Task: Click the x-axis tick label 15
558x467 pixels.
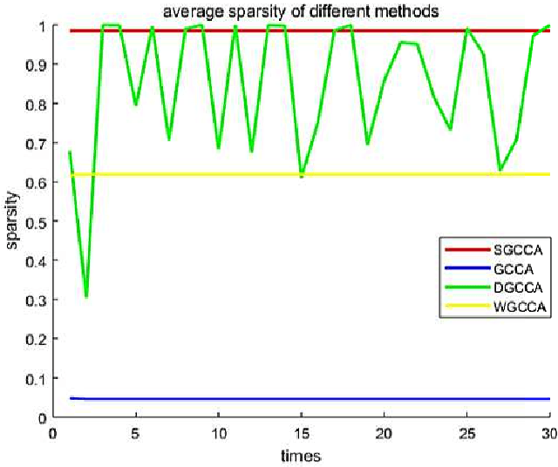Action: [x=301, y=433]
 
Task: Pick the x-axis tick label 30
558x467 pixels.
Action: [x=548, y=433]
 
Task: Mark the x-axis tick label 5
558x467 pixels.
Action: [x=135, y=433]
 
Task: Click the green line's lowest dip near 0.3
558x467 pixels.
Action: [x=85, y=296]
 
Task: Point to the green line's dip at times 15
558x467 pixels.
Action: [x=301, y=176]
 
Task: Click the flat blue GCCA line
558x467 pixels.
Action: [x=305, y=399]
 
